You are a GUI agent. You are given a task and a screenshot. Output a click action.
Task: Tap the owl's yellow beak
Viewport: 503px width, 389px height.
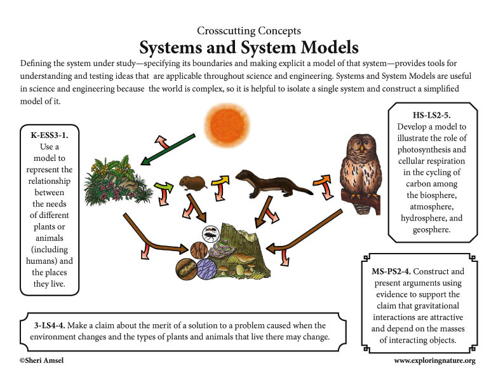tap(362, 149)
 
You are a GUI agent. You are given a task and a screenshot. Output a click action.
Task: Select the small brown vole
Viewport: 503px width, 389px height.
tap(192, 183)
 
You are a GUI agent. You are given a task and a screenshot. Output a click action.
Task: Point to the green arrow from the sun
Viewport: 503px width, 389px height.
tap(168, 149)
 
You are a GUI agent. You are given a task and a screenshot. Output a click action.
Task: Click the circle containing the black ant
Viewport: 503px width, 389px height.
tap(210, 233)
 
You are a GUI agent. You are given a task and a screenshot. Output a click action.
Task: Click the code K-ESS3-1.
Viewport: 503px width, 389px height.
tap(50, 135)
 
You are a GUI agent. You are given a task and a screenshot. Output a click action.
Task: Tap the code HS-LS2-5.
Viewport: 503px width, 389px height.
tap(431, 115)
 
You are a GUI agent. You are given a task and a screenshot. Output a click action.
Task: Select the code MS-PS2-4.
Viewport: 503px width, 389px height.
tap(391, 271)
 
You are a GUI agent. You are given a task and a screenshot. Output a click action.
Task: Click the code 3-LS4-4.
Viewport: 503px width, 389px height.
tap(50, 325)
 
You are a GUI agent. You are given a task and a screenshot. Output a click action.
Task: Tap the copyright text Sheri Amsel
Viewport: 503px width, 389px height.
tap(41, 360)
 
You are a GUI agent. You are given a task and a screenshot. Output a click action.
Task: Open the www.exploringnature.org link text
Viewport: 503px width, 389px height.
tap(434, 361)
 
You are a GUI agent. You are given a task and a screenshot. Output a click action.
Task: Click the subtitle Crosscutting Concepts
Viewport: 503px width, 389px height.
tap(249, 31)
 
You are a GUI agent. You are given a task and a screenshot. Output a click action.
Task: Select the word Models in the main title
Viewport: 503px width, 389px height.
tap(330, 48)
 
